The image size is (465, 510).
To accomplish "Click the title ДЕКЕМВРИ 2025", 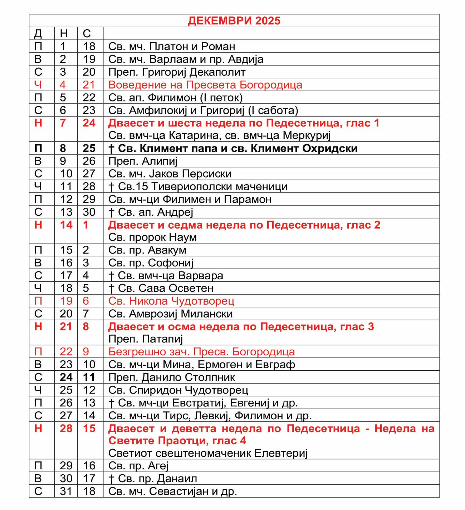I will click(234, 21).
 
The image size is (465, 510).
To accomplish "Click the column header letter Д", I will click(38, 34).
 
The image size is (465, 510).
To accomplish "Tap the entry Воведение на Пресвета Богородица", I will click(205, 85).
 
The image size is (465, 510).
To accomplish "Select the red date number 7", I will click(63, 123).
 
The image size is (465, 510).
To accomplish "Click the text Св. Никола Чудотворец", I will click(171, 301).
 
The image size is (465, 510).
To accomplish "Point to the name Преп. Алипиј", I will click(143, 161).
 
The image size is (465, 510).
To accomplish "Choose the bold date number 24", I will click(66, 377).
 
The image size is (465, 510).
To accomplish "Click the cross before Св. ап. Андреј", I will click(111, 212).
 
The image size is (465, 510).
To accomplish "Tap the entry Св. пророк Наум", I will click(152, 237).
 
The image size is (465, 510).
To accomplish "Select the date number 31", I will click(66, 491).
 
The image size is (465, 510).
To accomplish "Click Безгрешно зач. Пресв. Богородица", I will click(201, 352).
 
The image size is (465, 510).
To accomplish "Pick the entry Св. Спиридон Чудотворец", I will click(178, 390).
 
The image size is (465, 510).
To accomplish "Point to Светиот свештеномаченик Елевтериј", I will click(208, 453).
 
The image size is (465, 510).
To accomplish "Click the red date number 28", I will click(66, 428).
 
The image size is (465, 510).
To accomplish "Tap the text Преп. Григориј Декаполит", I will click(177, 72).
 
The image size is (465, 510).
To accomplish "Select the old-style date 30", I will click(89, 212).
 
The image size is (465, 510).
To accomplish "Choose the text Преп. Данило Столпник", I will click(171, 377).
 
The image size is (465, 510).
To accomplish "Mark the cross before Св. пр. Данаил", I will click(111, 479).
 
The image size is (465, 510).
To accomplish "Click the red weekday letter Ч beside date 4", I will click(38, 85).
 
